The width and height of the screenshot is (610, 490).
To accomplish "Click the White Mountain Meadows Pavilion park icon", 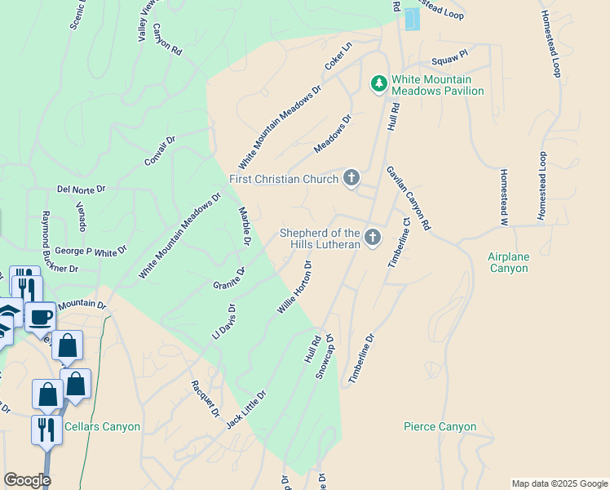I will (378, 83).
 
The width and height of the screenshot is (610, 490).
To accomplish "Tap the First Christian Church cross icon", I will (351, 177).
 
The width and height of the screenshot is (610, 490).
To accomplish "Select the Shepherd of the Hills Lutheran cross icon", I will (373, 238).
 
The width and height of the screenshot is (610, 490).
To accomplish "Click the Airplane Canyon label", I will (509, 262).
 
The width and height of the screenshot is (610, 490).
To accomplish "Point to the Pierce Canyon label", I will (440, 426).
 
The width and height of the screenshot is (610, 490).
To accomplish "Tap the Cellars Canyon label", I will (102, 426).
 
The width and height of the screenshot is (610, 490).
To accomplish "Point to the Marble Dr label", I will (244, 226).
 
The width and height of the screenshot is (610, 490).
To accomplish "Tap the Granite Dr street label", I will (229, 277).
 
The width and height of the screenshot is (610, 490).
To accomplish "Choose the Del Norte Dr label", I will (82, 189).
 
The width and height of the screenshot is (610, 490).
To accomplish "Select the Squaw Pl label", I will (449, 56).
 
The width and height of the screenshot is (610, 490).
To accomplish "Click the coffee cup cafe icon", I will (39, 317).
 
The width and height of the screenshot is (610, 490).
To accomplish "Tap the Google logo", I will (27, 480).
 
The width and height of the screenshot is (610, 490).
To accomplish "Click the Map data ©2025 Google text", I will (559, 483).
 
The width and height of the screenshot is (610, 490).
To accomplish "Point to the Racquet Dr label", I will (205, 399).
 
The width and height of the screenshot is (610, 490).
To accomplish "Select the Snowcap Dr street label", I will (325, 355).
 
